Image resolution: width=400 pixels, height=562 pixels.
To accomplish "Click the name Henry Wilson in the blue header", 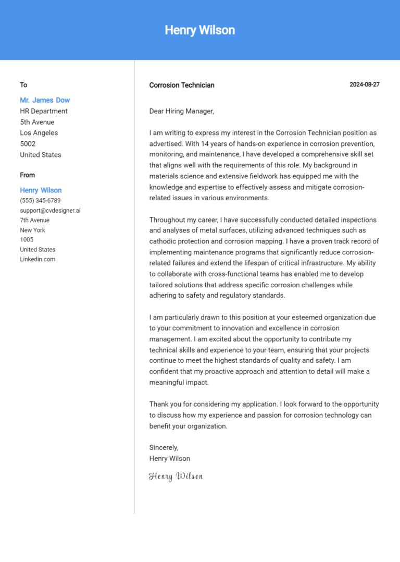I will click(199, 30).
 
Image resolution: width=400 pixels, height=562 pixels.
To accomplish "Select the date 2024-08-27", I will click(364, 84).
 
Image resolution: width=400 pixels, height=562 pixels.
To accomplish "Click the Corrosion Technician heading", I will click(181, 85).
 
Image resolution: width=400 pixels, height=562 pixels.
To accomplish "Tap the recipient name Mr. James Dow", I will click(45, 100).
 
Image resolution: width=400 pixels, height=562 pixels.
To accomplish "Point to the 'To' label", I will click(23, 85).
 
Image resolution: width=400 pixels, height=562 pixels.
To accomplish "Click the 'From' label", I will click(28, 175).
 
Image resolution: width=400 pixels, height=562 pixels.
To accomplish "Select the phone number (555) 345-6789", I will click(40, 201).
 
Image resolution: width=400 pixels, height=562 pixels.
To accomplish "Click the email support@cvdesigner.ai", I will click(50, 211).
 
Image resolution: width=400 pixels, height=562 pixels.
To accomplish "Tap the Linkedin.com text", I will click(37, 259).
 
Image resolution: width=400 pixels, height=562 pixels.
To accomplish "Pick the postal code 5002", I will click(28, 144).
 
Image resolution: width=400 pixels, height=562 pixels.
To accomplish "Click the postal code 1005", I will click(27, 240).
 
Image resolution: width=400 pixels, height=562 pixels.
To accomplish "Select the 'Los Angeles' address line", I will click(39, 133).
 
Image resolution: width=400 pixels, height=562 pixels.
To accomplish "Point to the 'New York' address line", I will click(32, 230).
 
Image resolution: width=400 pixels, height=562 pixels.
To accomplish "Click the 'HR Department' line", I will click(44, 111).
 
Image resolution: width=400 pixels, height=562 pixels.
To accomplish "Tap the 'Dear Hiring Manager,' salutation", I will click(181, 111).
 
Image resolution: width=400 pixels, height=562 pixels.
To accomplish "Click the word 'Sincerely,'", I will click(164, 447).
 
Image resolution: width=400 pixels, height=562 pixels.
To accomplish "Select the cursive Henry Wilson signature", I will click(176, 476).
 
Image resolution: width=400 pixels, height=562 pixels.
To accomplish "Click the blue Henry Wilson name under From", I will click(41, 190).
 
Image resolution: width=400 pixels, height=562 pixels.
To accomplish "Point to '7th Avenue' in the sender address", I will click(34, 221).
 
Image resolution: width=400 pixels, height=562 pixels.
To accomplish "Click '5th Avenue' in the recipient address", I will click(37, 122).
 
